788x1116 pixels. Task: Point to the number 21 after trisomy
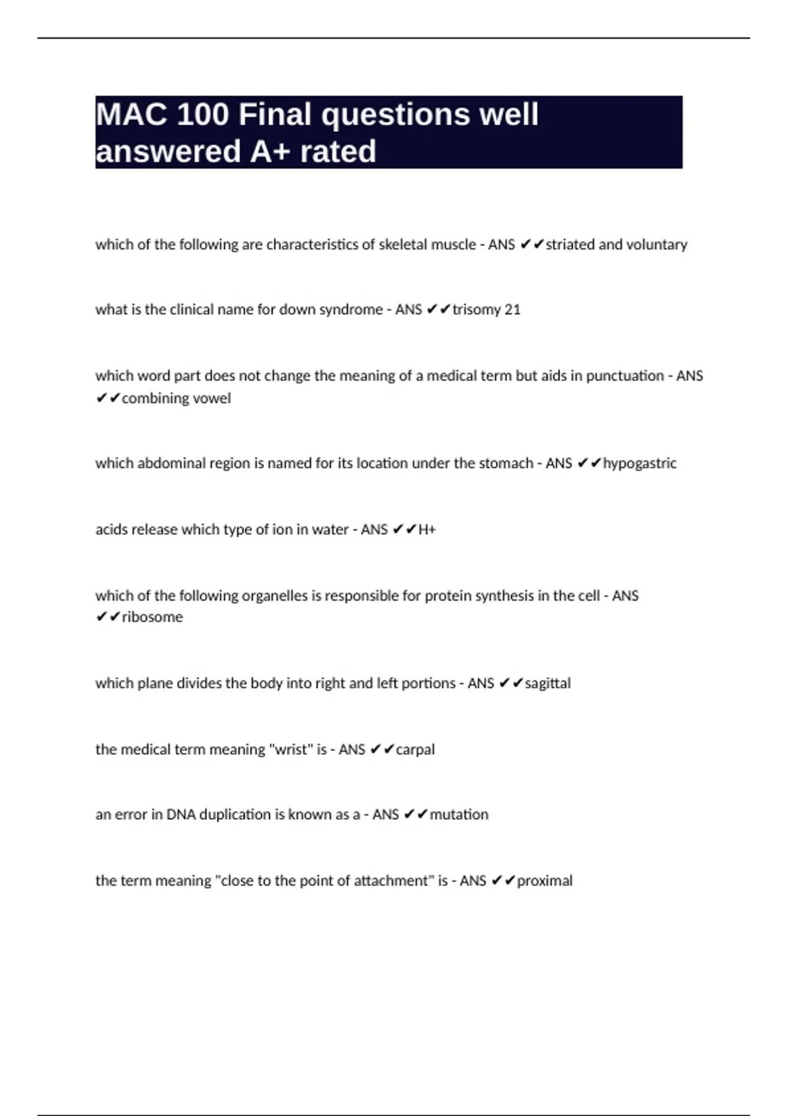pyautogui.click(x=512, y=309)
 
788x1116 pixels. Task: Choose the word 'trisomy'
pyautogui.click(x=476, y=309)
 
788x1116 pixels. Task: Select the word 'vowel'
pyautogui.click(x=212, y=398)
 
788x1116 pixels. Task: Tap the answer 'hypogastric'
pyautogui.click(x=640, y=463)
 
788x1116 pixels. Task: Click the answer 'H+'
pyautogui.click(x=427, y=529)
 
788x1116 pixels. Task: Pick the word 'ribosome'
pyautogui.click(x=152, y=617)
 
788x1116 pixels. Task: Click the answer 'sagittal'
pyautogui.click(x=548, y=683)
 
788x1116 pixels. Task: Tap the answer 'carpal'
pyautogui.click(x=415, y=749)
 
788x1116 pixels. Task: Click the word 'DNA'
pyautogui.click(x=181, y=814)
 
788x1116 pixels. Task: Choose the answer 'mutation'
pyautogui.click(x=459, y=814)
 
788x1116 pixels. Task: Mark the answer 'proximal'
pyautogui.click(x=545, y=880)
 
